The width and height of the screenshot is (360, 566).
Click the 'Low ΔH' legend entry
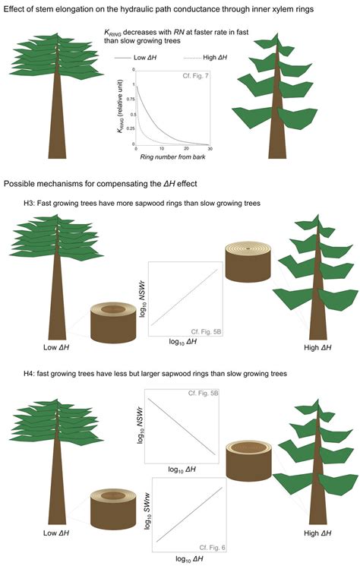point(136,58)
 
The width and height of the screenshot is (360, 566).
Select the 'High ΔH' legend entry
point(205,58)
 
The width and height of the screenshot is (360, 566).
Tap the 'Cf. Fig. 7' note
point(195,76)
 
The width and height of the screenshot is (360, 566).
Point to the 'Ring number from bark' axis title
point(173,157)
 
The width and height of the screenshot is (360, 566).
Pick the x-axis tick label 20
point(186,149)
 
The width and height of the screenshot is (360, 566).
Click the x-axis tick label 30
point(210,149)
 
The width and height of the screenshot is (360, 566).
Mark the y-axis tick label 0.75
point(131,100)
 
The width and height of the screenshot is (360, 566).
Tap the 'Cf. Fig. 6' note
point(212,548)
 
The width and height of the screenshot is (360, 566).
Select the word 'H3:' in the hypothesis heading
point(29,203)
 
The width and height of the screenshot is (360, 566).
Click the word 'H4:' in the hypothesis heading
point(29,374)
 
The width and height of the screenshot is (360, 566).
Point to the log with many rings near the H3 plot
point(248,262)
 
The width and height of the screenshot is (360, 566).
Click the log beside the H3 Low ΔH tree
point(113,322)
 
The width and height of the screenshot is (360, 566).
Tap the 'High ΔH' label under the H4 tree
point(317,533)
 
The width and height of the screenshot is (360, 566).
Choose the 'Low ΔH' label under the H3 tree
point(56,348)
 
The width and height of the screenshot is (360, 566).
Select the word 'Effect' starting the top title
point(13,9)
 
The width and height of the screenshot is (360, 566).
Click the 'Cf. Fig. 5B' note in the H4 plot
point(203,393)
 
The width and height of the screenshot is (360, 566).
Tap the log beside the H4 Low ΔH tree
point(113,508)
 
